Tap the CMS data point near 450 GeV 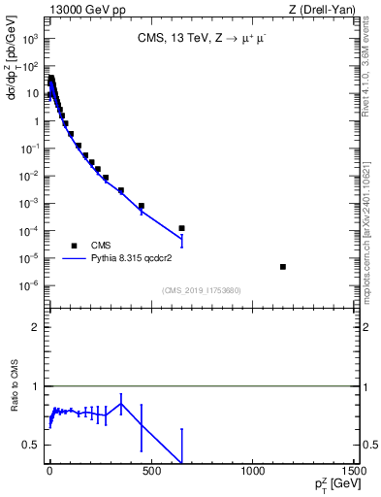141,206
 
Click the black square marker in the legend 74,246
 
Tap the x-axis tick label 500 150,472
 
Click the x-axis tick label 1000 252,472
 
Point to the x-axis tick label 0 48,472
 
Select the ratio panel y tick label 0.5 33,445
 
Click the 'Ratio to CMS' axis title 15,414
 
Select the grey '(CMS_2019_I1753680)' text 200,290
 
